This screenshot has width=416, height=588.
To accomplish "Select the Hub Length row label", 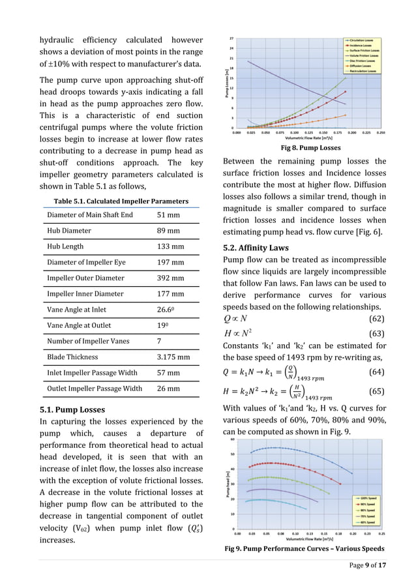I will click(x=67, y=246).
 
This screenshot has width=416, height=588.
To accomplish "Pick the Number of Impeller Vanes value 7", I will click(x=160, y=342).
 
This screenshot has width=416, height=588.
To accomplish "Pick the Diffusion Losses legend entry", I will click(x=361, y=66).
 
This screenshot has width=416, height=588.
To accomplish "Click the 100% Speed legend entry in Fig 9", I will click(x=364, y=497).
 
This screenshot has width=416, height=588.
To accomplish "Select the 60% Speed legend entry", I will click(x=364, y=522).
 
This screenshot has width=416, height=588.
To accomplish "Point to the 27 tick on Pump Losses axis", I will click(x=233, y=38).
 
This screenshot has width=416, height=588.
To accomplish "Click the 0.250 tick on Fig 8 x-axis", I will click(x=381, y=132).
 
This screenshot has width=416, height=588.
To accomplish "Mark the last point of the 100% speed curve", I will click(x=352, y=473).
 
